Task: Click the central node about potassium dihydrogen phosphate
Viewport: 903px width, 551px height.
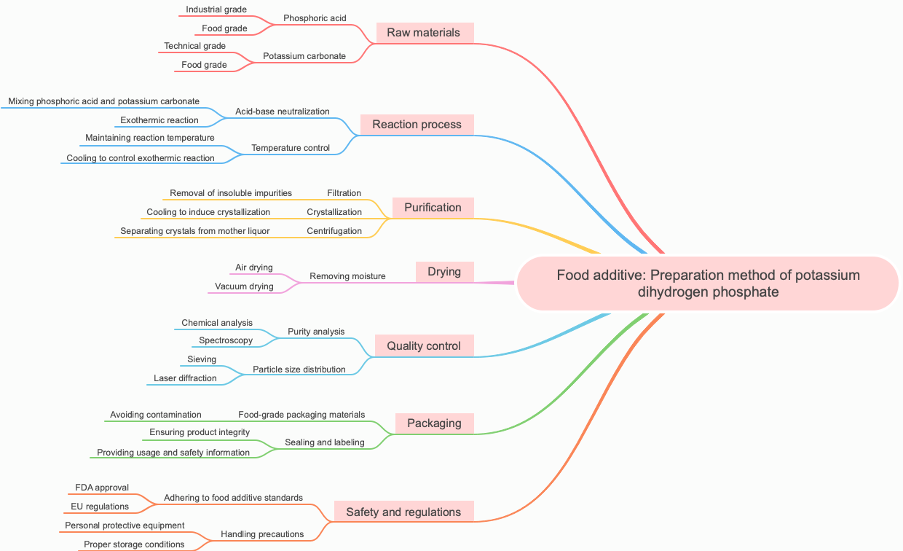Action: [708, 284]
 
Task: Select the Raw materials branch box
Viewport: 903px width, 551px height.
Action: [424, 33]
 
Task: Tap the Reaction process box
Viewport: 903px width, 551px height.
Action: [417, 125]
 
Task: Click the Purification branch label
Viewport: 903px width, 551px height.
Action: [433, 208]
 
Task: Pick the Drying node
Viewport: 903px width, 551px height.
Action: [444, 272]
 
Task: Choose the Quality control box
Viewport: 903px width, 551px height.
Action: [424, 346]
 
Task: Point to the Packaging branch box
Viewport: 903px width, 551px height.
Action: [434, 423]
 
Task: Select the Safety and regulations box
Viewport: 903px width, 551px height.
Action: [403, 512]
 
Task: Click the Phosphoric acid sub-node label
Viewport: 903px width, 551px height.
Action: [315, 18]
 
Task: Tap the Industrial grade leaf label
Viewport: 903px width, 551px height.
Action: [216, 9]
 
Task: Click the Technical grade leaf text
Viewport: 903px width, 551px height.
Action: [194, 46]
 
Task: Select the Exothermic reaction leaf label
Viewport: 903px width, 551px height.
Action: [159, 120]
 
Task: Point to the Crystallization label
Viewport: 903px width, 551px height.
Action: [334, 212]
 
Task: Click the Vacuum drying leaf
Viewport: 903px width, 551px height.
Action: [245, 286]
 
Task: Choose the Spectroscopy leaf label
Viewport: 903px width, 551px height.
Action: [226, 340]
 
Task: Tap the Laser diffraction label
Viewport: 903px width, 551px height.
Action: [185, 378]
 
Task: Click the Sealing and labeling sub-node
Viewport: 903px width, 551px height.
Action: [325, 442]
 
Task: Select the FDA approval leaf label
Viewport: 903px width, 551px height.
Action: [102, 488]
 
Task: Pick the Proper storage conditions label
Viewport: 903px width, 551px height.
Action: [134, 544]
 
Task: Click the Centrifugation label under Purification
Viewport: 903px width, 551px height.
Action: [334, 231]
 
